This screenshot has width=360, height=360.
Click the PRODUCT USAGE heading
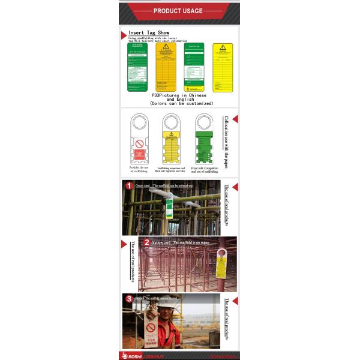(x=178, y=11)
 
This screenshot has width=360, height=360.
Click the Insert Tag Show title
(x=149, y=33)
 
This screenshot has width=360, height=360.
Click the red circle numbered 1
(x=128, y=185)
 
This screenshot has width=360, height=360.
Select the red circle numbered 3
(x=128, y=298)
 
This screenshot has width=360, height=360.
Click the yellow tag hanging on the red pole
(x=220, y=267)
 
